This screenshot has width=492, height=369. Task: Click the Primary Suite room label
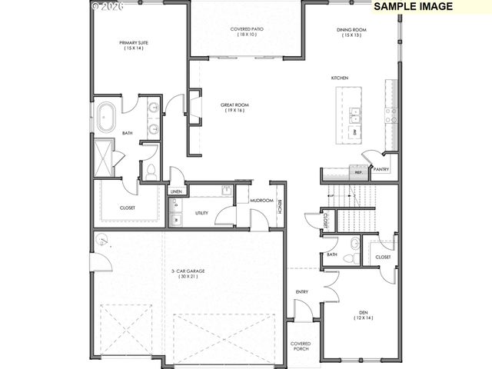pos(131,45)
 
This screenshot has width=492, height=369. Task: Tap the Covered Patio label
pos(246,32)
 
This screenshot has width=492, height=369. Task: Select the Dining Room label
pos(351,32)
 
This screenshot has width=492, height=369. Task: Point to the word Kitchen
pos(340,78)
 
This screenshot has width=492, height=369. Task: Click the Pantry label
pos(380,169)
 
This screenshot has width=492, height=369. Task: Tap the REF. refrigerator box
pos(358,173)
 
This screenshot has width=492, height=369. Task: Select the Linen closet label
pos(176,191)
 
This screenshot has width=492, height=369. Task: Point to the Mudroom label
pos(261,201)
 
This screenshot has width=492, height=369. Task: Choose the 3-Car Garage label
pos(188,273)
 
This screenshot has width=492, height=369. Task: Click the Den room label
pos(363,315)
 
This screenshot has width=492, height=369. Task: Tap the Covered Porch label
pos(300,346)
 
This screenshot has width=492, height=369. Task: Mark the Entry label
pos(301,291)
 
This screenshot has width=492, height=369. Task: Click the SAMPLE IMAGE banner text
pos(412,6)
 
